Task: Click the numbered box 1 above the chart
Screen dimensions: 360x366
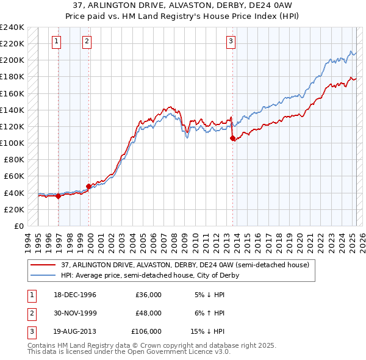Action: [x=56, y=41]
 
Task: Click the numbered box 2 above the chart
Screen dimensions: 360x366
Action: [x=87, y=41]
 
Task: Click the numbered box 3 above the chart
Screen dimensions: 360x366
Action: [x=231, y=41]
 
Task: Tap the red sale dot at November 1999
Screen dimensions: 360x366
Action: [x=89, y=186]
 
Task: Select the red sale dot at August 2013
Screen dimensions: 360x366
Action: [x=232, y=139]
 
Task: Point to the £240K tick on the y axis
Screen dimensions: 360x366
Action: [x=12, y=27]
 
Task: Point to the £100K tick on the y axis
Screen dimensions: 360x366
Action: [x=12, y=143]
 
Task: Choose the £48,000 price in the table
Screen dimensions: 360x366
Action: [x=148, y=313]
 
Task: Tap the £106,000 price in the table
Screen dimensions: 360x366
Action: [x=146, y=331]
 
